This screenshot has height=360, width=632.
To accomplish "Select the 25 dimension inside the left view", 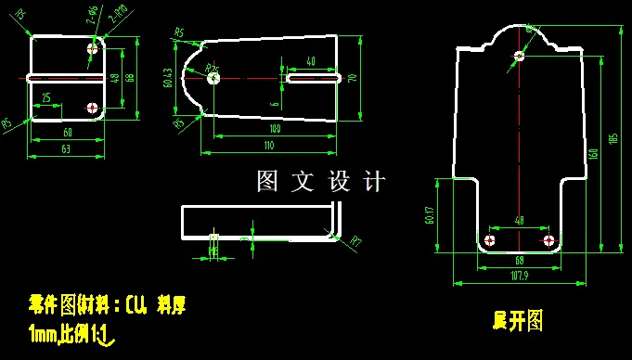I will click(x=45, y=97).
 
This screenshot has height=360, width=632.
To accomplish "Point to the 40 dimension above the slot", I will click(x=310, y=61).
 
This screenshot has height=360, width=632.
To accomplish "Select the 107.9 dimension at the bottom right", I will click(x=520, y=275).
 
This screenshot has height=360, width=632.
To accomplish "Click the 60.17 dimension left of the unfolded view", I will click(x=432, y=215).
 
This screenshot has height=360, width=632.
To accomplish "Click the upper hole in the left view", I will click(x=92, y=47).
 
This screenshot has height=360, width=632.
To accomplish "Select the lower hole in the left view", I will click(x=92, y=109).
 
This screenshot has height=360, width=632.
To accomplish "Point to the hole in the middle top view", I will click(x=214, y=79).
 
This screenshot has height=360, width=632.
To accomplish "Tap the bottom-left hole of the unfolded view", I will click(x=491, y=240).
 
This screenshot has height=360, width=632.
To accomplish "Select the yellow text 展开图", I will click(x=518, y=321).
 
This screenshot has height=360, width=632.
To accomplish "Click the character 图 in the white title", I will click(x=265, y=181).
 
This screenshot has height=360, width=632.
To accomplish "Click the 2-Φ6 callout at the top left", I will click(x=92, y=13).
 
